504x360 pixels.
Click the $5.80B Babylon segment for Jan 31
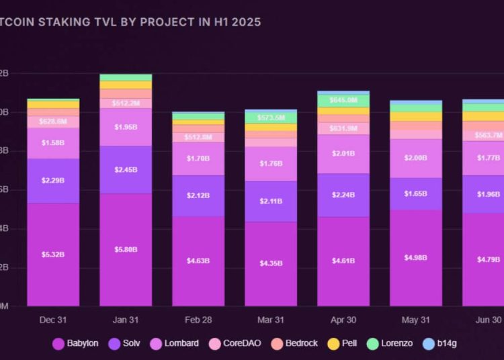(x=126, y=249)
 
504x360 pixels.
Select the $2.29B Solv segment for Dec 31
(x=53, y=181)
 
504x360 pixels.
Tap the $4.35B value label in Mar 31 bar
(x=271, y=263)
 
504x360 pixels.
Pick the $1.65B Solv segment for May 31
(x=416, y=193)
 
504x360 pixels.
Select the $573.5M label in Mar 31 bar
(x=271, y=117)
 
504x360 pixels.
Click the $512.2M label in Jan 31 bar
(x=126, y=103)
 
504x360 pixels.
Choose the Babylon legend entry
(x=75, y=344)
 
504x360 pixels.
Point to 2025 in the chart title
(x=245, y=21)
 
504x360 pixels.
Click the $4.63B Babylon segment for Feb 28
(x=198, y=260)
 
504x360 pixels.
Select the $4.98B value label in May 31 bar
(x=416, y=258)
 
